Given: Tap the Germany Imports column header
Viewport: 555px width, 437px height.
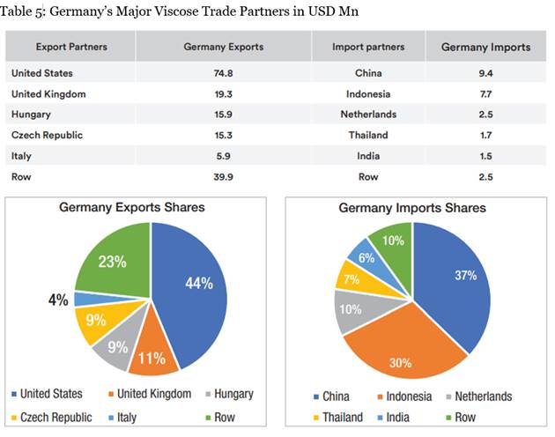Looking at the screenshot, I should tap(485, 47).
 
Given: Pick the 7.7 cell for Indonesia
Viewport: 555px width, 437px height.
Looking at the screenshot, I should tap(480, 93).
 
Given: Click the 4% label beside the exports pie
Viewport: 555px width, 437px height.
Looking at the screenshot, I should tap(58, 300).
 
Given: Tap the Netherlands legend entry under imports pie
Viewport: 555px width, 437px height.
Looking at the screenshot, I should tap(478, 396).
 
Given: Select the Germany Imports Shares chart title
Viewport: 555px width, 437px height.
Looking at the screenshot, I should tap(413, 208).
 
